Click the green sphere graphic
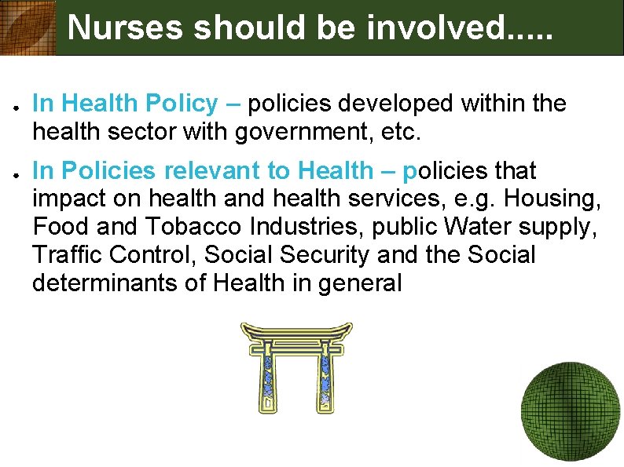click(571, 414)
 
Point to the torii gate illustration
click(296, 367)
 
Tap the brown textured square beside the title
click(28, 27)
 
